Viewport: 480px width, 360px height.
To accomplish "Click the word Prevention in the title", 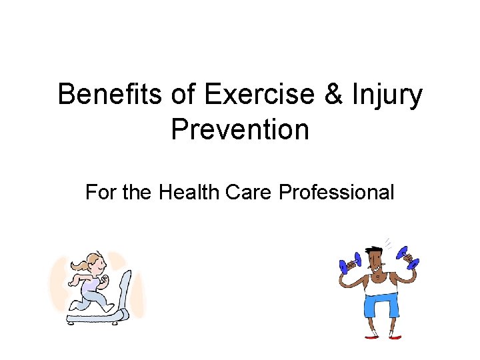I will (240, 129).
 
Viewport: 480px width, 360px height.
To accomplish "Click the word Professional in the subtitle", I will (337, 193).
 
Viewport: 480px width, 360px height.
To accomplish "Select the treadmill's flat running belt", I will (93, 319).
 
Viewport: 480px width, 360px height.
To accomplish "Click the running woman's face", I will (97, 263).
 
